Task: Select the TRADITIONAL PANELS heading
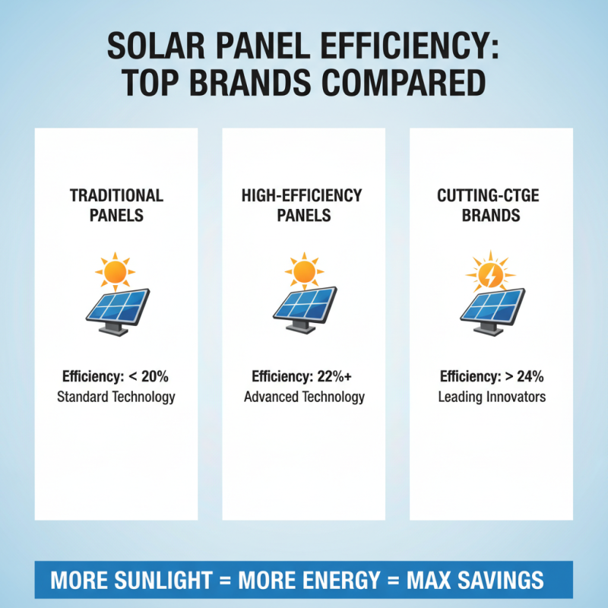click(x=116, y=204)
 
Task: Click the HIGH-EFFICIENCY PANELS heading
click(x=303, y=204)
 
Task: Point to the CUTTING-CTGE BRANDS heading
click(x=490, y=204)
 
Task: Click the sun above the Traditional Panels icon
click(x=116, y=271)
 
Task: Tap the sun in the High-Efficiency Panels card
click(x=303, y=271)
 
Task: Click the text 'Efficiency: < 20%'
click(x=116, y=376)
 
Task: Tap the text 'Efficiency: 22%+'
click(x=303, y=376)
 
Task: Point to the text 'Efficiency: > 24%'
click(x=492, y=376)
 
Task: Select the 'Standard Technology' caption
click(x=116, y=397)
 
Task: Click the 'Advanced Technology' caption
click(x=303, y=397)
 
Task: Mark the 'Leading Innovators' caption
click(x=492, y=397)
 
